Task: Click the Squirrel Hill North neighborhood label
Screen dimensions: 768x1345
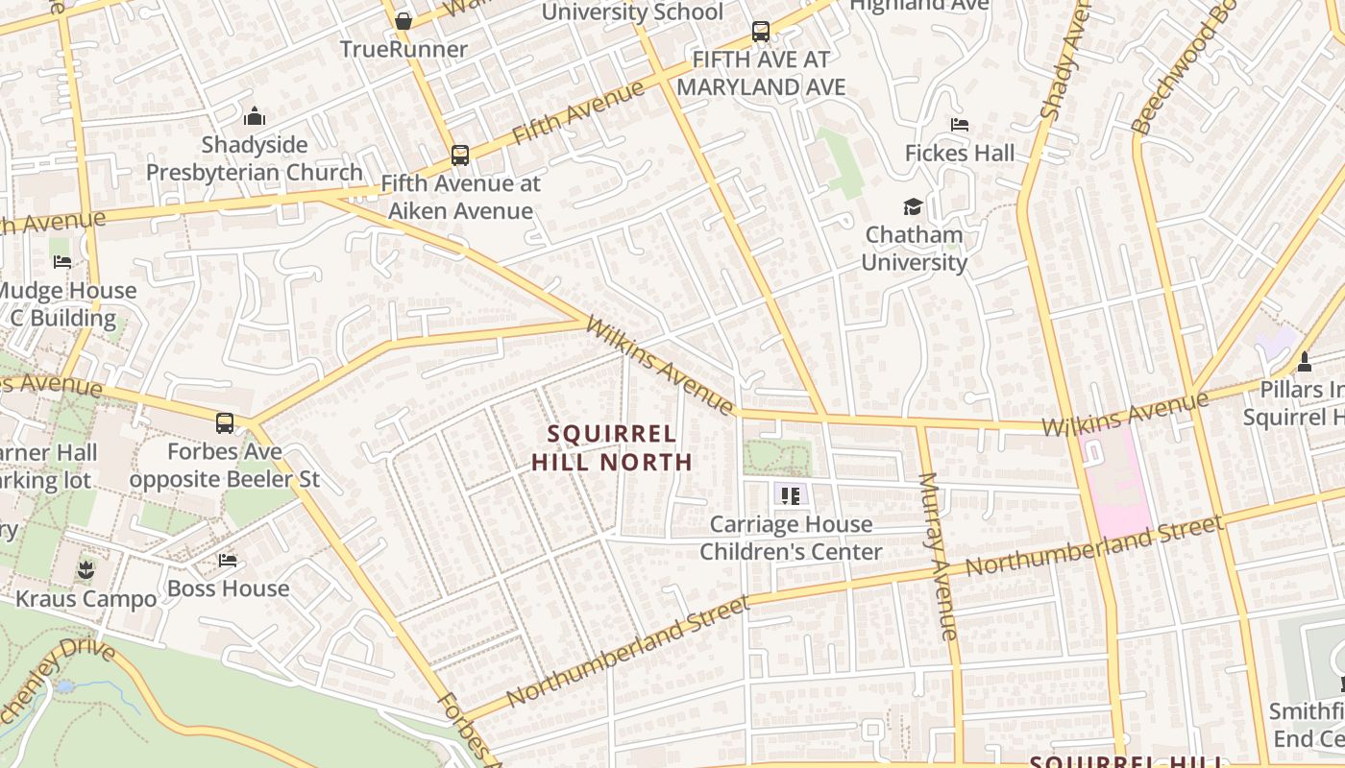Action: point(612,447)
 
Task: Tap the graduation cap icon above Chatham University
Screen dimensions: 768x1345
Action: point(912,206)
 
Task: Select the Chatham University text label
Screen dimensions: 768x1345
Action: point(914,249)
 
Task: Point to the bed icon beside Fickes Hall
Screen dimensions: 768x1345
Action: point(959,125)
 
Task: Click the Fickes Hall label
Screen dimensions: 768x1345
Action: point(960,153)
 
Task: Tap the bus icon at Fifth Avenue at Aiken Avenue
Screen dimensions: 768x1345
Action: point(460,155)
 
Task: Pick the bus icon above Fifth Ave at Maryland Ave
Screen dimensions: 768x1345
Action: point(761,32)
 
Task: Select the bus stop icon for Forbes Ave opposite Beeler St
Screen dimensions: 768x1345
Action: point(225,422)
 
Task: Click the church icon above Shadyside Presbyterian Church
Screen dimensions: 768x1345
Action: point(255,116)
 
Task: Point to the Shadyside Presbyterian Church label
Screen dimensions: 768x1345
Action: point(255,158)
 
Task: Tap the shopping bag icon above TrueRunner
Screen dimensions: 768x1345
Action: point(403,20)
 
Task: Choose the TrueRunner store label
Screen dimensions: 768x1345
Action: point(403,49)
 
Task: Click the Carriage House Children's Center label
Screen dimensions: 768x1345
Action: point(791,538)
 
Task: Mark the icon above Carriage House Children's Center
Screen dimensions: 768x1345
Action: point(791,495)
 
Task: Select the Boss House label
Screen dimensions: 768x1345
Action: point(228,588)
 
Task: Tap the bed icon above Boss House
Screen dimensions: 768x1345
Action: point(228,560)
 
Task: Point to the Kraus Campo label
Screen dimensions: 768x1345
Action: point(86,599)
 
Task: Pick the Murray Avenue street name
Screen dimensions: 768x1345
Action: point(938,557)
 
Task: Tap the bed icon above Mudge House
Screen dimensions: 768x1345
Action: point(62,261)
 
